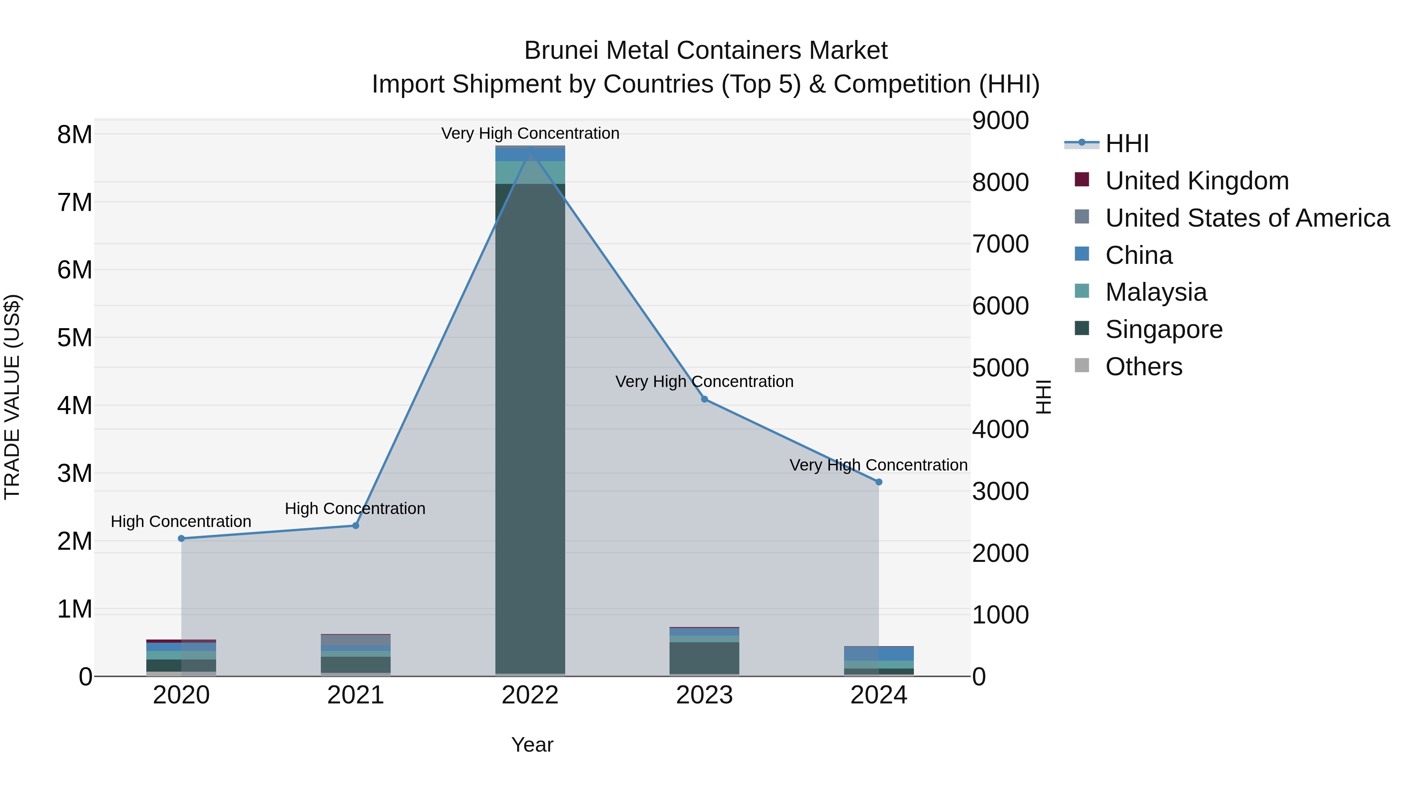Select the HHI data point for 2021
(x=355, y=525)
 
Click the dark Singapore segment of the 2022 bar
(x=530, y=427)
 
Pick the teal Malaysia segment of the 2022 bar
(x=530, y=173)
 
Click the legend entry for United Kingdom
(x=1197, y=181)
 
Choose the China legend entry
(x=1139, y=255)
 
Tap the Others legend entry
(x=1143, y=367)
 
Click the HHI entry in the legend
(x=1126, y=144)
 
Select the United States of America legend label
(x=1247, y=218)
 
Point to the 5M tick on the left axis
(x=75, y=338)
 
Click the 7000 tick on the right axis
(x=1000, y=244)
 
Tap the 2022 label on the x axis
(x=530, y=695)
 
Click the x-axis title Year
(x=532, y=745)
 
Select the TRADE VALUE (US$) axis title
(x=12, y=397)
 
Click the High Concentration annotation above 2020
(x=181, y=521)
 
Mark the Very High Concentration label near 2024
(x=878, y=465)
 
